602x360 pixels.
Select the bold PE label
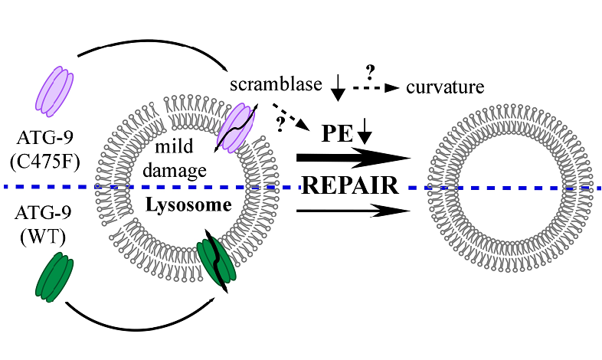[x=334, y=132]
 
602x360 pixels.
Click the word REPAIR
[x=349, y=186]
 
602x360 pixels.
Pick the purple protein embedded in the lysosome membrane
[x=238, y=129]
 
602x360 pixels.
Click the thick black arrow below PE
[x=353, y=159]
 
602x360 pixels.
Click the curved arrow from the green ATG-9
[x=138, y=327]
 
